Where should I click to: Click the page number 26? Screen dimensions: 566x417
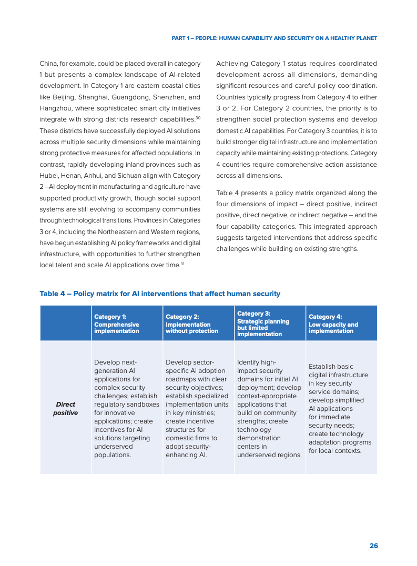(373, 546)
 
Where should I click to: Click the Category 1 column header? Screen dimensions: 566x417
(117, 324)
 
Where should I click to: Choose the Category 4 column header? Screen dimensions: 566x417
(333, 324)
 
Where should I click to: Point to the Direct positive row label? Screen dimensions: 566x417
(66, 409)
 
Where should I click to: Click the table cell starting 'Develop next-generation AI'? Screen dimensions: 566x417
(126, 408)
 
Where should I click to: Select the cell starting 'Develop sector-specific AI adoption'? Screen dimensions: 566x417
(197, 408)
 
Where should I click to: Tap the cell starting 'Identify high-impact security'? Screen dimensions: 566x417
(269, 408)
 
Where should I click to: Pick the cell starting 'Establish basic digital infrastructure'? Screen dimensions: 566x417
(339, 408)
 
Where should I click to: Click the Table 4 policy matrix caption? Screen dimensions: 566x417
(160, 294)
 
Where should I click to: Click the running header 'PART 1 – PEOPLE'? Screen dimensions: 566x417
(274, 38)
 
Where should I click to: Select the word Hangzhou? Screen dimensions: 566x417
(56, 108)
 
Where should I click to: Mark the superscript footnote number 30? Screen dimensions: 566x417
(198, 118)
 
